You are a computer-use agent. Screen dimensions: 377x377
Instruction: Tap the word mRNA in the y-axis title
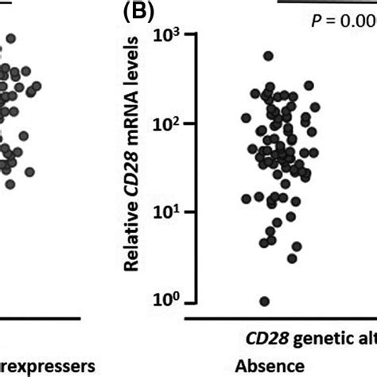138,131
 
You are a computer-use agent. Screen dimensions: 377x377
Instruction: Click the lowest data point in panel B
264,301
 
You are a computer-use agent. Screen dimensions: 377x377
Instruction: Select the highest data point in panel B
268,56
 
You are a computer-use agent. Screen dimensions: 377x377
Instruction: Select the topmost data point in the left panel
10,37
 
